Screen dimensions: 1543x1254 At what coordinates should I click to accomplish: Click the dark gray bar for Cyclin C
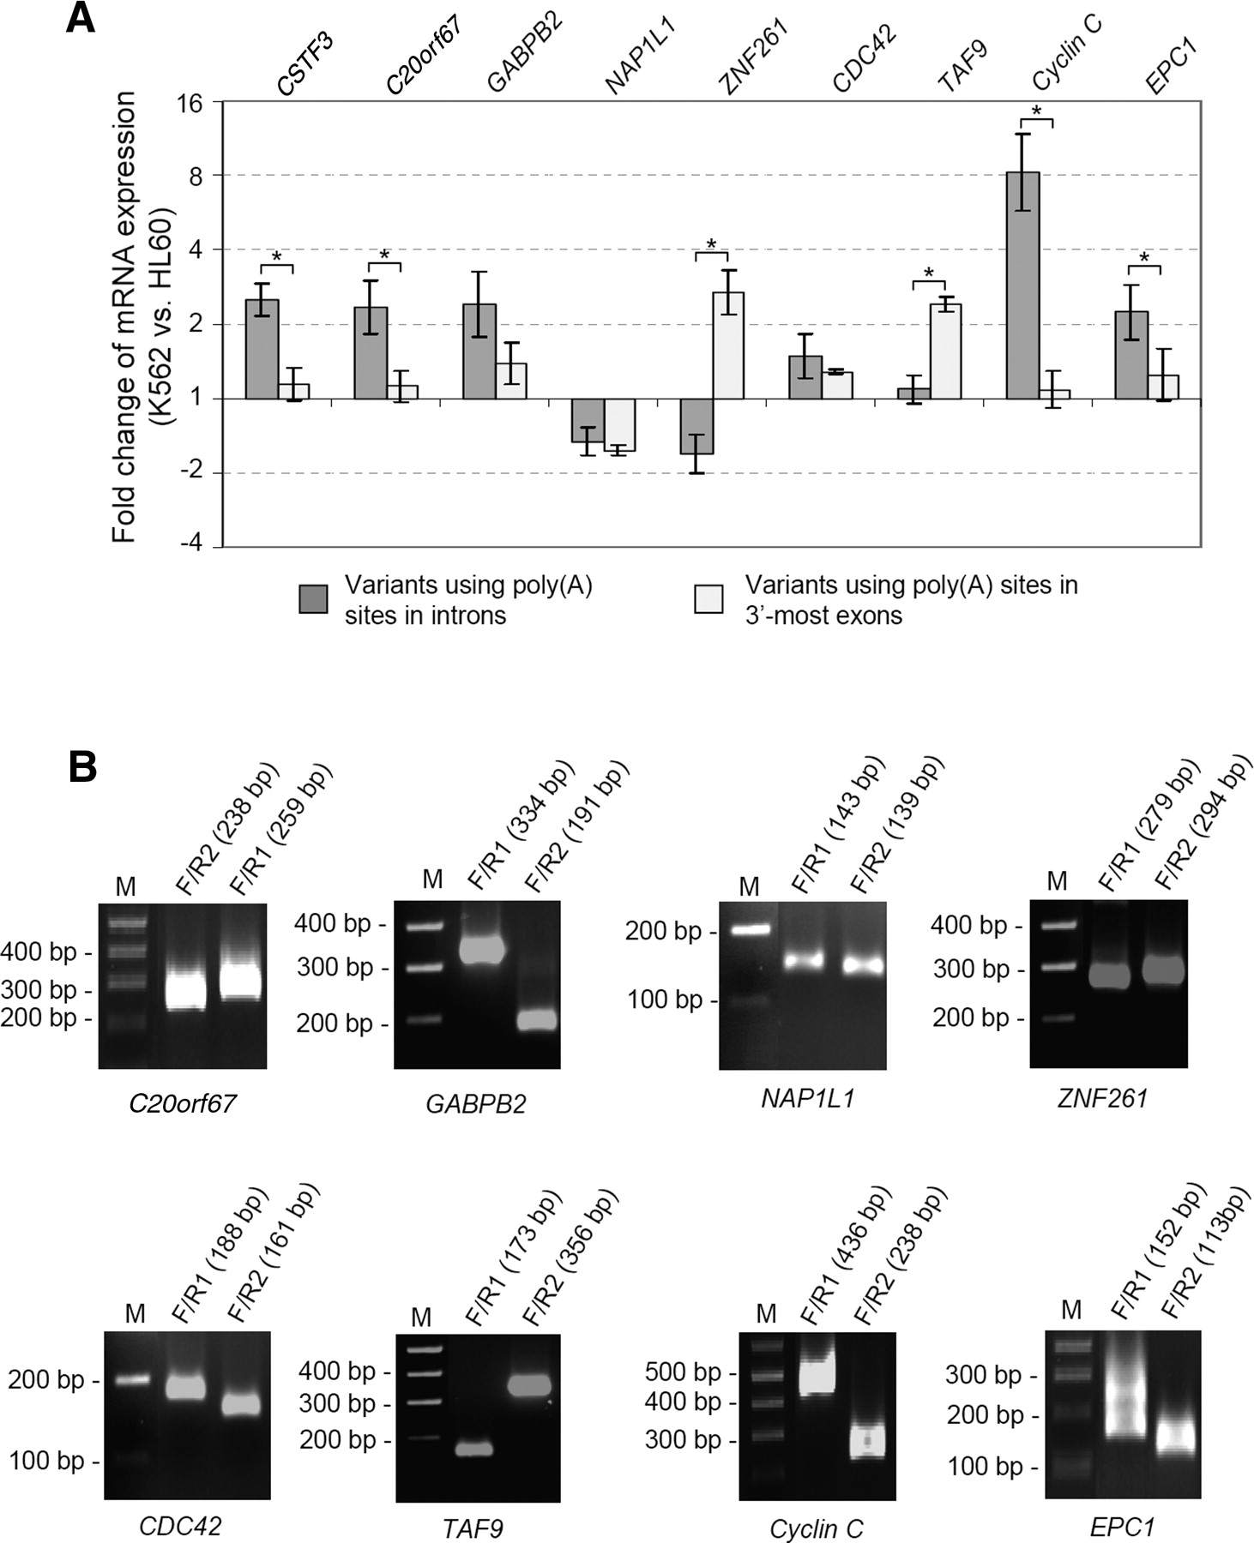tap(1022, 285)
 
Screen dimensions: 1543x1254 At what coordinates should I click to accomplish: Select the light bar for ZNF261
tap(728, 345)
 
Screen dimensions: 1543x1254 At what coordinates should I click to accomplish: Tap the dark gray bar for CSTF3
tap(262, 349)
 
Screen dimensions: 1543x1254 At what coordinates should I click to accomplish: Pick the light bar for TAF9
tap(945, 351)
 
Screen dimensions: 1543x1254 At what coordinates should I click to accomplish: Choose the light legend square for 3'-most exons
tap(708, 599)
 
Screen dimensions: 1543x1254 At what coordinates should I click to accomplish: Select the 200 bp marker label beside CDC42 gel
tap(46, 1381)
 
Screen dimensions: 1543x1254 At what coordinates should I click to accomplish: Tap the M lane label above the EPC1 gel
tap(1071, 1309)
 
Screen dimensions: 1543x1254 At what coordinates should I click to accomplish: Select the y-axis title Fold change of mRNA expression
tap(124, 317)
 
